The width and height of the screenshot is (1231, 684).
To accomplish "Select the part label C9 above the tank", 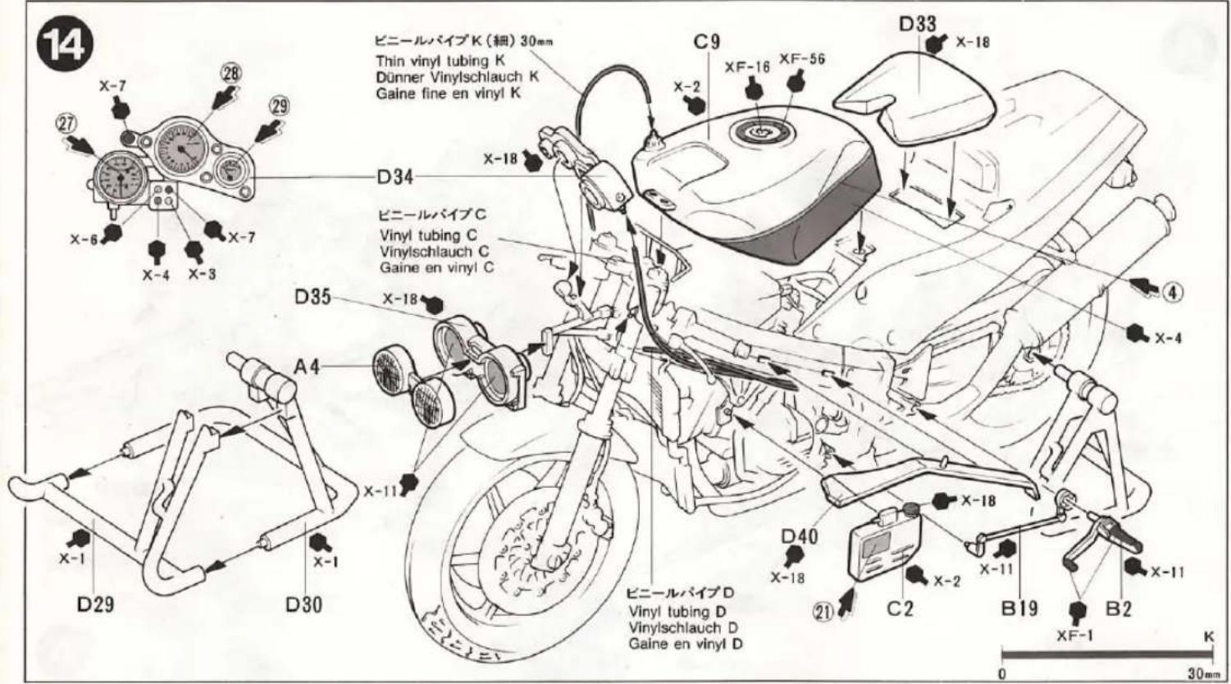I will [x=706, y=42].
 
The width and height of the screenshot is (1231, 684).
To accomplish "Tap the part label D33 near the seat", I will [x=917, y=24].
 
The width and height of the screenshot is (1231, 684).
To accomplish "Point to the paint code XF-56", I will [x=801, y=59].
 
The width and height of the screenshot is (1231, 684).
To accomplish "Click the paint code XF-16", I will [x=746, y=67].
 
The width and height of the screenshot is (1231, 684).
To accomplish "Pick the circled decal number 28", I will [x=231, y=73].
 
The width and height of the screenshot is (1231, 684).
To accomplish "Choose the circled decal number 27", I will [x=66, y=124].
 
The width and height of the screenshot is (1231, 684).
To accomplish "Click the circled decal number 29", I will [x=280, y=106].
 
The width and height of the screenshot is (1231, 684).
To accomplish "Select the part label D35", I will [x=313, y=296].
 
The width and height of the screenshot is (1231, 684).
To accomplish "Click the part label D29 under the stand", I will [x=95, y=604].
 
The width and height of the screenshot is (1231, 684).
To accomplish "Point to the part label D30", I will [x=303, y=604].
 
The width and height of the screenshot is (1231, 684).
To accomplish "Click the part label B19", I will [x=1019, y=608].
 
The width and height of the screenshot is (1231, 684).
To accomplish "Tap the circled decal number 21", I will [x=823, y=609].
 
